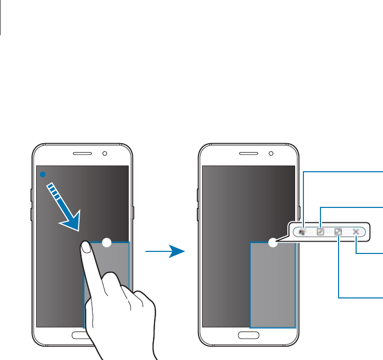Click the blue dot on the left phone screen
click(x=42, y=174)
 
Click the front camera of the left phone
click(x=105, y=154)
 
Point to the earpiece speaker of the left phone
click(x=82, y=154)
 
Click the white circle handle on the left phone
click(x=106, y=242)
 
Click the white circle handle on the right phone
click(x=273, y=242)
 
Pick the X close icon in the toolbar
click(x=356, y=232)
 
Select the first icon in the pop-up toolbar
click(x=303, y=233)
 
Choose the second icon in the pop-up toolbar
click(x=320, y=233)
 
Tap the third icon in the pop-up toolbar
click(x=338, y=233)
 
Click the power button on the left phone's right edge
click(x=133, y=212)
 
